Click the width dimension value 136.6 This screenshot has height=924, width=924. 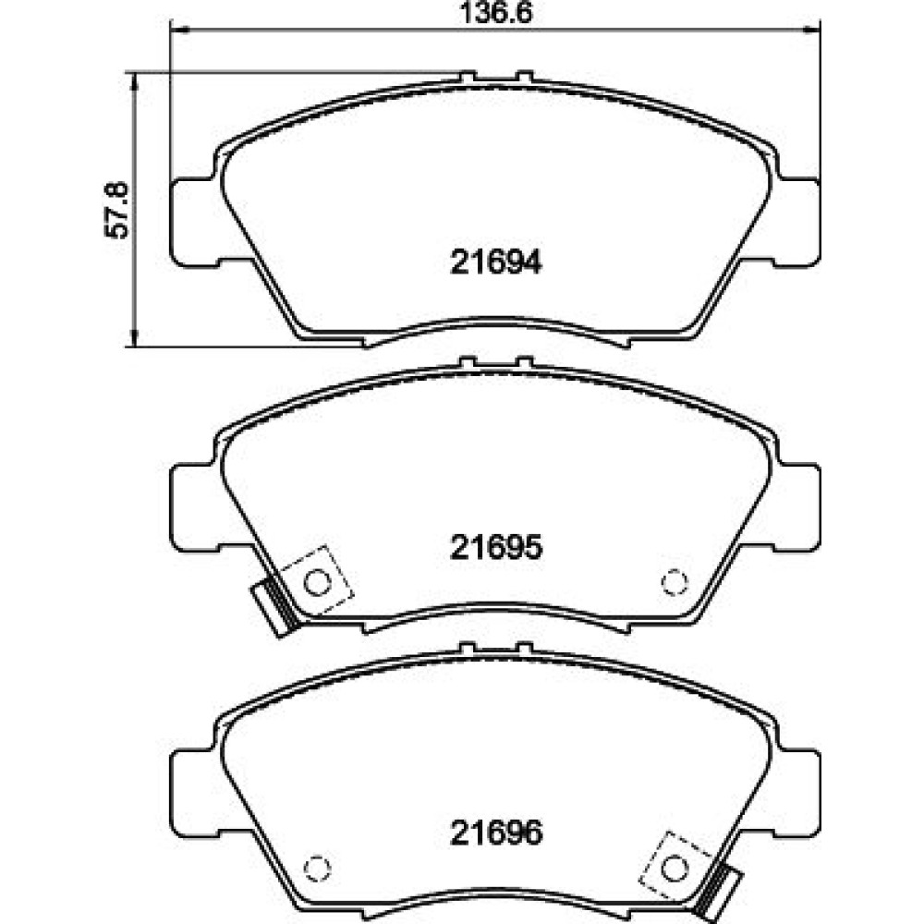coord(495,13)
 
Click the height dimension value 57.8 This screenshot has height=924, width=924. coord(116,211)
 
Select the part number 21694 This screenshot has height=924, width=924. coord(495,262)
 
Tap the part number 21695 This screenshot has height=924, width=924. coord(495,547)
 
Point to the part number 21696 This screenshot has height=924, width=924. coord(495,833)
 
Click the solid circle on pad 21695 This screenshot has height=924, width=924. coord(317,583)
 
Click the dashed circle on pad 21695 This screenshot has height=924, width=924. coord(675,583)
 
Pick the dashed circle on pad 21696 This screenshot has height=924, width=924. coord(317,868)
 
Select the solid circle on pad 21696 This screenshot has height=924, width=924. coord(675,868)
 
